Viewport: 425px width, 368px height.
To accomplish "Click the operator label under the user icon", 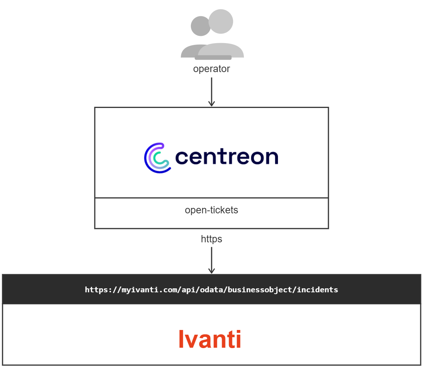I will coord(211,69).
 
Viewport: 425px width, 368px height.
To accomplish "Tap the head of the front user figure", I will coord(221,21).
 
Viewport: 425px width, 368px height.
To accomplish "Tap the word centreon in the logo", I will coord(227,157).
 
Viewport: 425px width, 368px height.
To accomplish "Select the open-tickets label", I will coord(211,210).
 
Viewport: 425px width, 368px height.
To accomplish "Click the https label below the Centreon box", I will coord(211,239).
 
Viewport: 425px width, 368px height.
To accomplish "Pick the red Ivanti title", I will coord(210,339).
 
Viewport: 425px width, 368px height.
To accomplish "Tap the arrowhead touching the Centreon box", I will coord(212,104).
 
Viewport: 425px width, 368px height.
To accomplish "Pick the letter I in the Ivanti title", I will coord(181,339).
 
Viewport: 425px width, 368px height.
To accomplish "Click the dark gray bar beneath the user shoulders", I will coord(213,58).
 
